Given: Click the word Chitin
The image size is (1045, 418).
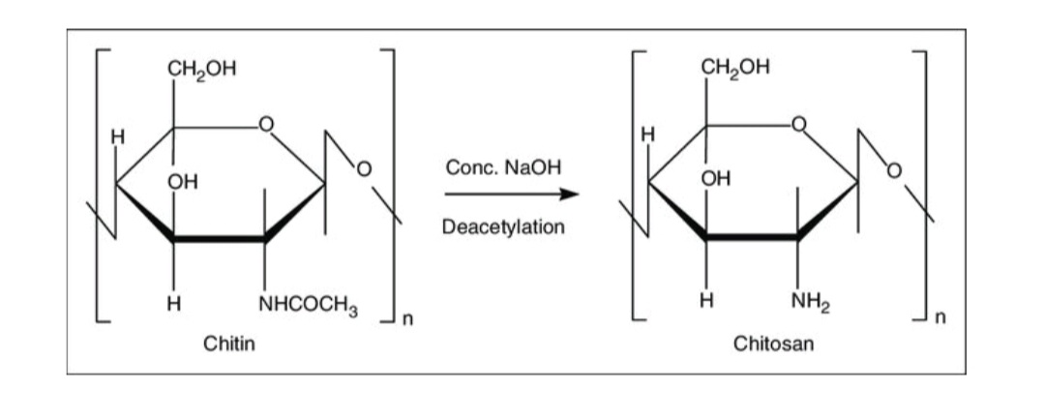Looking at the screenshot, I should (229, 343).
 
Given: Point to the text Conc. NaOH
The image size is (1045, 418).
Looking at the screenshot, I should (503, 167).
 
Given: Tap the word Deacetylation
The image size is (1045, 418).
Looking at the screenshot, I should (503, 228).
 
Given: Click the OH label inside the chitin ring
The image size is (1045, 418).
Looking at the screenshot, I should (179, 181).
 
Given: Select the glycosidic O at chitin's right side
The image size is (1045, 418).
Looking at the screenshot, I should (366, 171).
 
